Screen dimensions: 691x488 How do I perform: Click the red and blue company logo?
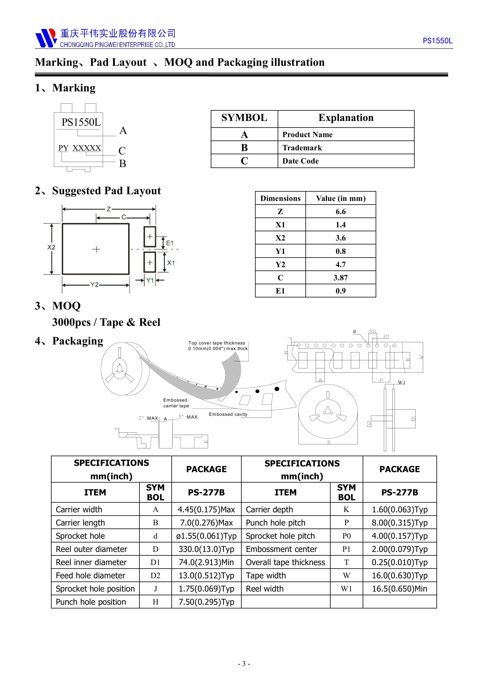click(46, 38)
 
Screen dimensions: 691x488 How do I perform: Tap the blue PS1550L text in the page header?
click(437, 41)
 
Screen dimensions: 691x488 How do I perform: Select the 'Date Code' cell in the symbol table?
click(300, 161)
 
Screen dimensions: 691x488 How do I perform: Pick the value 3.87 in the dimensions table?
click(340, 278)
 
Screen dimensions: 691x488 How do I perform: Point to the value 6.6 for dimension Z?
click(340, 212)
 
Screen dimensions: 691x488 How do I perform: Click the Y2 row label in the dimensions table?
click(280, 265)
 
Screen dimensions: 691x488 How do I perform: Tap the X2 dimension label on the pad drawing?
click(51, 247)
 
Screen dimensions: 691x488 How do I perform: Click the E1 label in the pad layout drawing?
click(170, 243)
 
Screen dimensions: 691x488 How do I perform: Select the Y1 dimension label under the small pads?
click(150, 280)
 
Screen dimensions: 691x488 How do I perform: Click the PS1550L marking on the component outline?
click(81, 122)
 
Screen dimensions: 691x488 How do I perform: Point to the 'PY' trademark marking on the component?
click(63, 148)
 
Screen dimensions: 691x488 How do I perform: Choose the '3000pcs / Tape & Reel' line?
click(106, 322)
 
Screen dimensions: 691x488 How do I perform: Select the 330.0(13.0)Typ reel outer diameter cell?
click(206, 549)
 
